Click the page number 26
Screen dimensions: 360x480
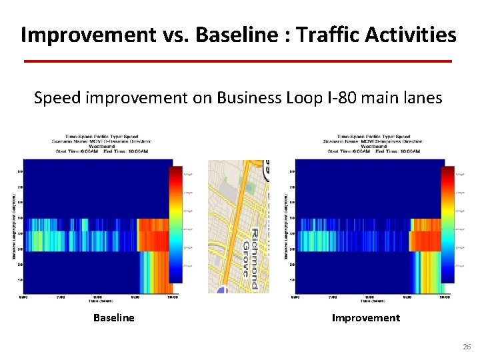466,347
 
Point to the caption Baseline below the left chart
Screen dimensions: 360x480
113,318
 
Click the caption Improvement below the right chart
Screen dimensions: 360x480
366,318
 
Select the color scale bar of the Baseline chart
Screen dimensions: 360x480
177,227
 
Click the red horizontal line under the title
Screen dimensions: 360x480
238,61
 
